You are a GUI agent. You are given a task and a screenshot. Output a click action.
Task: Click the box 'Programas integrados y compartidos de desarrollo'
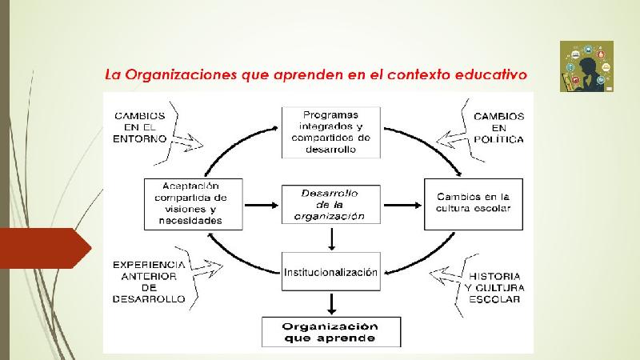(x=331, y=132)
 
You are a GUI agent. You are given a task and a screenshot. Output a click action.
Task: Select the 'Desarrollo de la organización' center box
(x=331, y=205)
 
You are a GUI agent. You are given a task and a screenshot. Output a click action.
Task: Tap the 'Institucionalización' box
(x=331, y=271)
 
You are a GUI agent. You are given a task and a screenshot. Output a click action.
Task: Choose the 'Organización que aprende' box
(x=331, y=332)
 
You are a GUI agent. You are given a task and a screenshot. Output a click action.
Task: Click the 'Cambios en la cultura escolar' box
(x=474, y=204)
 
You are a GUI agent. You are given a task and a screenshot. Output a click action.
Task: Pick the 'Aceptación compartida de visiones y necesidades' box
(x=193, y=204)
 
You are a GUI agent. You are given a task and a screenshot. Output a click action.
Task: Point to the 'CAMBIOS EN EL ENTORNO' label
(x=139, y=127)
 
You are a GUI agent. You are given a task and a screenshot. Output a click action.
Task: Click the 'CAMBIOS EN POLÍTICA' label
(x=498, y=128)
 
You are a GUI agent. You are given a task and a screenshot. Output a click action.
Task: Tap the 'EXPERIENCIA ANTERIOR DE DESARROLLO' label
(x=149, y=282)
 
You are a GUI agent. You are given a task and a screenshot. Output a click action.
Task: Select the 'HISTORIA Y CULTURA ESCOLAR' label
(x=494, y=288)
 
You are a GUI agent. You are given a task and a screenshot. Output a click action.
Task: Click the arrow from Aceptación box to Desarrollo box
(x=262, y=205)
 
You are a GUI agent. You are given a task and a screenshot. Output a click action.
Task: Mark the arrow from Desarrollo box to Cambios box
(x=402, y=205)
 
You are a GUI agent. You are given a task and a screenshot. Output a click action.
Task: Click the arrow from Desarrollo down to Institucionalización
(x=331, y=239)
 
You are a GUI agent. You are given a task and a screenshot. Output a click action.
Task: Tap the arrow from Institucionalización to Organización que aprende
(x=331, y=304)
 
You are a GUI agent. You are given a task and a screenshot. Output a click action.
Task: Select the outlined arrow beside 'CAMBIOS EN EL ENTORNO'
(x=188, y=143)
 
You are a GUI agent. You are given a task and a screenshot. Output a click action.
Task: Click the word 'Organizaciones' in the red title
(x=181, y=74)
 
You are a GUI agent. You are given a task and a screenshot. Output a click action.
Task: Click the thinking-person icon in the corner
(x=586, y=66)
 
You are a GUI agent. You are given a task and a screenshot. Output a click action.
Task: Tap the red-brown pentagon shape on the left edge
(x=46, y=248)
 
